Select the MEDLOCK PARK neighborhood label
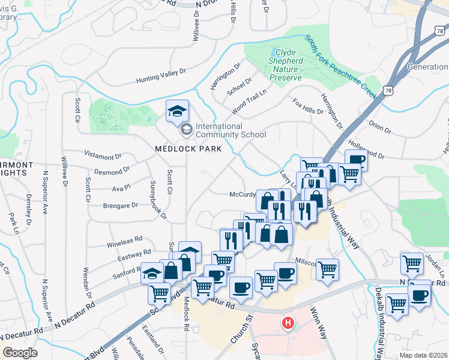click(188, 148)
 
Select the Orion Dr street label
click(380, 127)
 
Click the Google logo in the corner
click(20, 353)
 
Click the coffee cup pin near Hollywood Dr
click(356, 160)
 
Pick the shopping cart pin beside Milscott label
click(327, 269)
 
